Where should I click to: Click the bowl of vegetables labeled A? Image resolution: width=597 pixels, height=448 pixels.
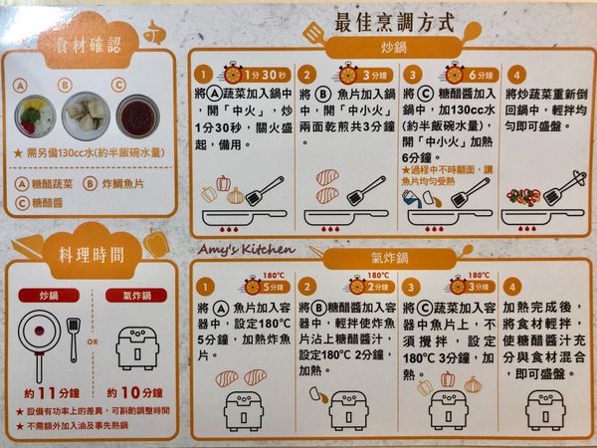(33, 117)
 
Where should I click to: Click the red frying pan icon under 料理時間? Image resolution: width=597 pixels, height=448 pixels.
(40, 334)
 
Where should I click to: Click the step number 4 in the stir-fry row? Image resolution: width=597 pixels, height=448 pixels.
(514, 74)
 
